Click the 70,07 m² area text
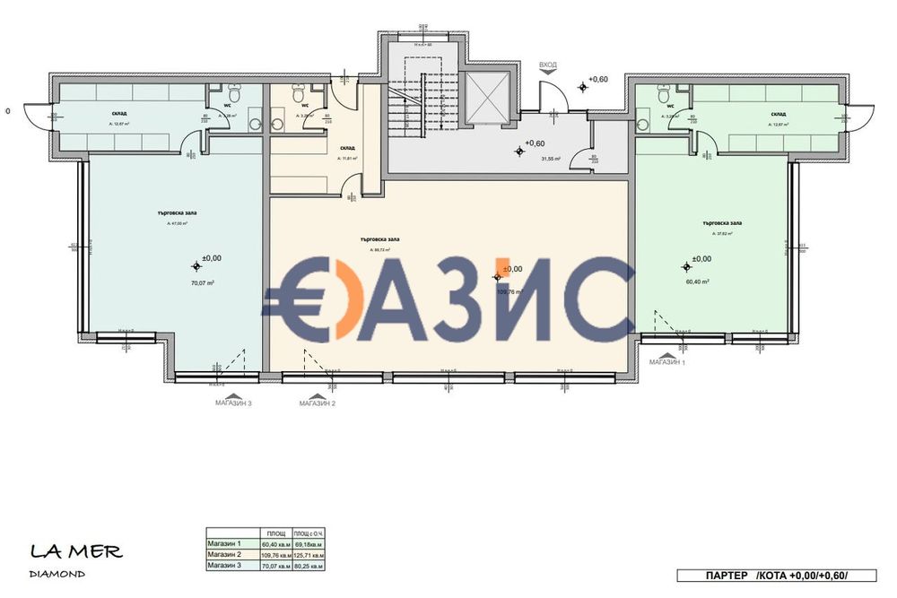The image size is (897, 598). tap(201, 282)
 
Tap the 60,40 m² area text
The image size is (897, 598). tap(698, 282)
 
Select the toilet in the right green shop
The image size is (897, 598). tap(664, 92)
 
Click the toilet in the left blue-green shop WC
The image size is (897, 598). tap(233, 92)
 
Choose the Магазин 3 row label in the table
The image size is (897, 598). tap(224, 566)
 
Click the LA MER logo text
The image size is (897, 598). tap(75, 551)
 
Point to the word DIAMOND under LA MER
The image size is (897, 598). tap(57, 574)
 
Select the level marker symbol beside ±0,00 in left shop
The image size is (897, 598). tap(197, 265)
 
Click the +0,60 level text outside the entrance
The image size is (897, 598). tap(598, 80)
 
